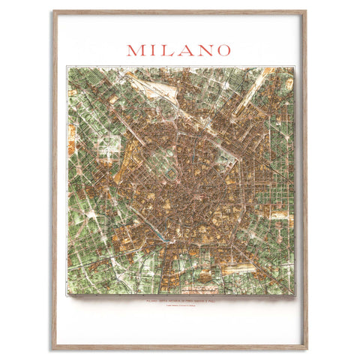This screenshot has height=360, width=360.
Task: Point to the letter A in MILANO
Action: [182, 50]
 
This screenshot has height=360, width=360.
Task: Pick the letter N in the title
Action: [201, 50]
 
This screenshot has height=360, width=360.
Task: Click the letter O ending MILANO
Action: [221, 50]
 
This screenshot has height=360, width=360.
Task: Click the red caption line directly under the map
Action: [179, 301]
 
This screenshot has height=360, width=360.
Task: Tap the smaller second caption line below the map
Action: [179, 306]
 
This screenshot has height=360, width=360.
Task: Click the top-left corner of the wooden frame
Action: [53, 11]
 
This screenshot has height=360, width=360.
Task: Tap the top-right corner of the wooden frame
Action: [306, 11]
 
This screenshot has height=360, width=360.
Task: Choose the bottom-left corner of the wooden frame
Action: [53, 349]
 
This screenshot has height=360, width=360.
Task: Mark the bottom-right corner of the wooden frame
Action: [306, 349]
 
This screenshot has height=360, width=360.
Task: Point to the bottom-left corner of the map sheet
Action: [67, 295]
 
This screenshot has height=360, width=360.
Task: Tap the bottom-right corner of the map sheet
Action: [295, 295]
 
